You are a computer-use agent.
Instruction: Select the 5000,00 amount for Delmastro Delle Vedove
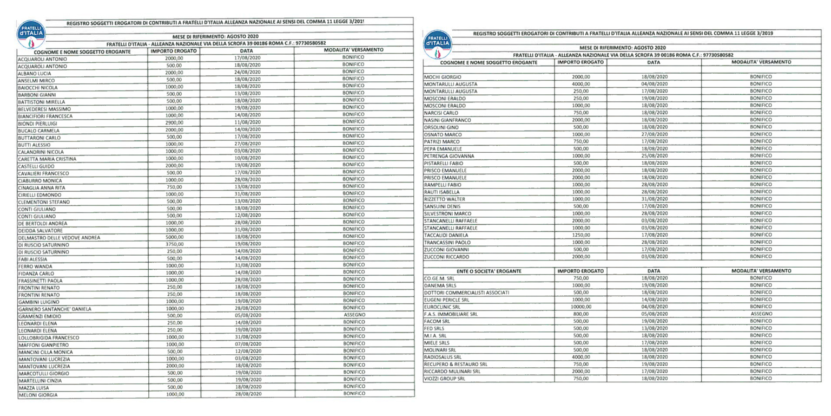coord(174,237)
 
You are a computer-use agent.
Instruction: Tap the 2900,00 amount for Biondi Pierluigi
coord(174,122)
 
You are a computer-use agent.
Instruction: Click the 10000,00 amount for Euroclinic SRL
coord(581,307)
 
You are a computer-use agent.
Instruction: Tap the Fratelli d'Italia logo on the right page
coord(438,43)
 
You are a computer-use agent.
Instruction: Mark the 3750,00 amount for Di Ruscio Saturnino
coord(174,244)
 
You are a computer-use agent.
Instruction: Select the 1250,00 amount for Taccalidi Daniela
coord(581,235)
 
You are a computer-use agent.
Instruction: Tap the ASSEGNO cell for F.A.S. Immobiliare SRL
coord(761,314)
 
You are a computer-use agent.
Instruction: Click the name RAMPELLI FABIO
coord(441,185)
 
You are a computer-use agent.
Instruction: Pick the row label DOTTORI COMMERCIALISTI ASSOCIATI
coord(466,292)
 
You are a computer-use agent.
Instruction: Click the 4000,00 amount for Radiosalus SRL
coord(581,357)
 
